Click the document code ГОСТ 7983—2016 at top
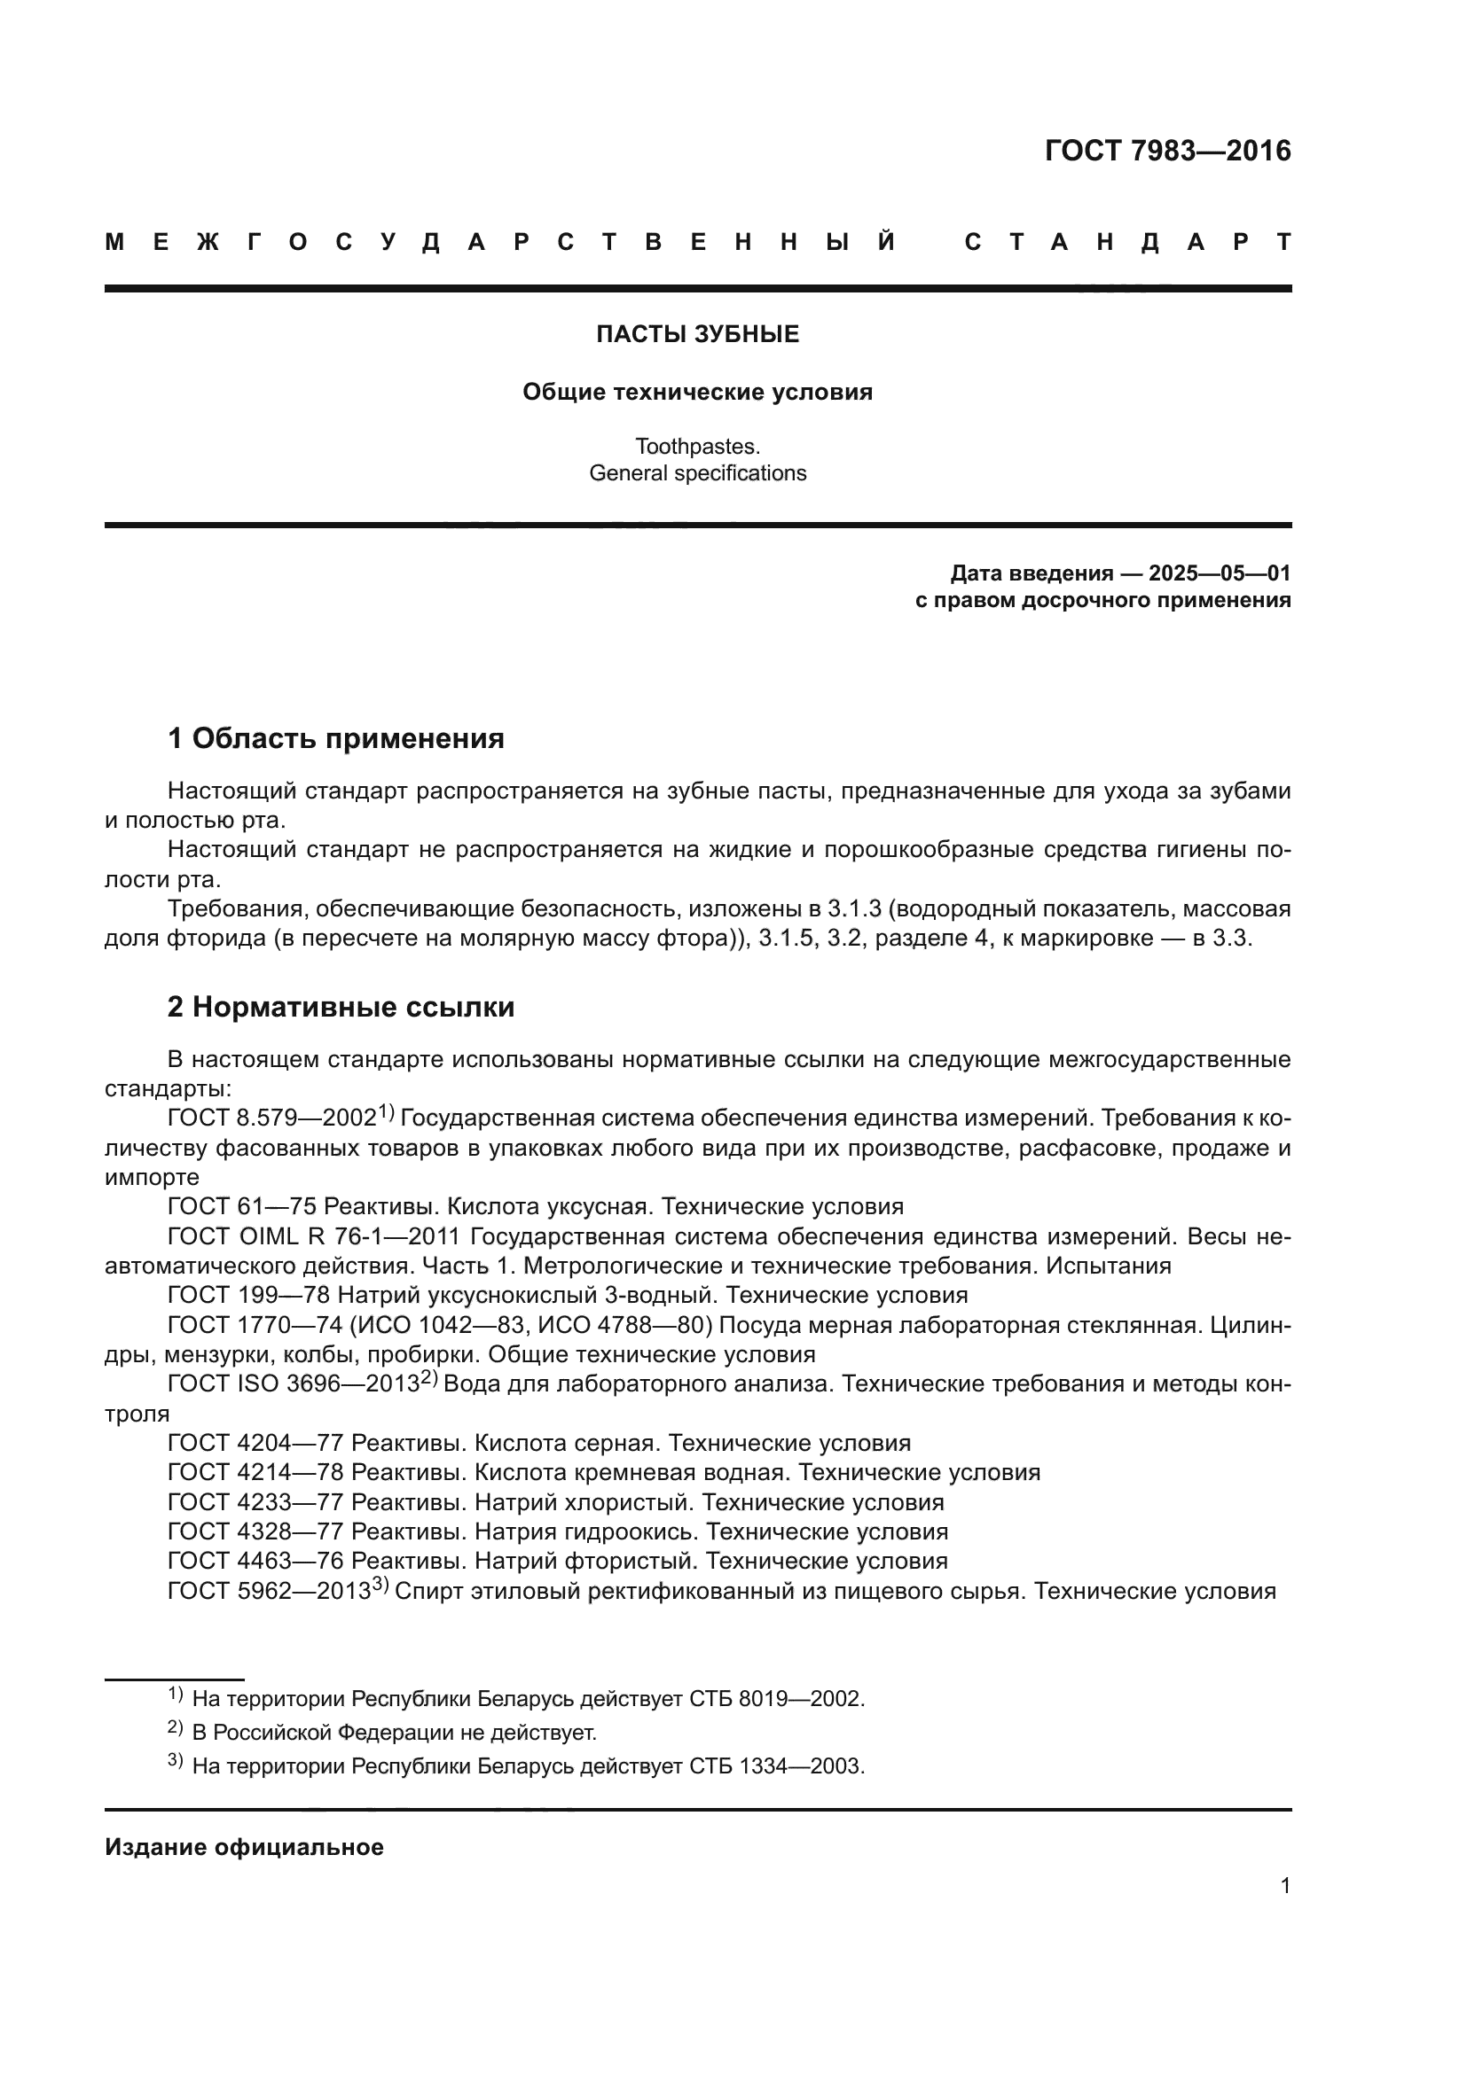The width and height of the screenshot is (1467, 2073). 1167,151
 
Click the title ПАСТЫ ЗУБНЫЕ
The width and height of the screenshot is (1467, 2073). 697,335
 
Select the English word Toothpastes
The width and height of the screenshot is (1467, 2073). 697,446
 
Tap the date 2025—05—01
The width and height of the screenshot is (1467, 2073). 1219,573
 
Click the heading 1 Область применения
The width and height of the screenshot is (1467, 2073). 336,738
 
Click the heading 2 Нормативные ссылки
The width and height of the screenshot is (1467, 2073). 341,1007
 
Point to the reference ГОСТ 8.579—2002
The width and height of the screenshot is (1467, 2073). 272,1118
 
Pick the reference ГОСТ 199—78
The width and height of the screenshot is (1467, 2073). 249,1296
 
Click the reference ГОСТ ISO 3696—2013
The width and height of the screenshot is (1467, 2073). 294,1384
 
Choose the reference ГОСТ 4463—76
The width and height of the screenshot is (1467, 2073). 255,1561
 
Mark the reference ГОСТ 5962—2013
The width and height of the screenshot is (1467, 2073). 270,1592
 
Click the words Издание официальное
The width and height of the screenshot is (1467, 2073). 244,1847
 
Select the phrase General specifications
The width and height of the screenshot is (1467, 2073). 697,473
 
